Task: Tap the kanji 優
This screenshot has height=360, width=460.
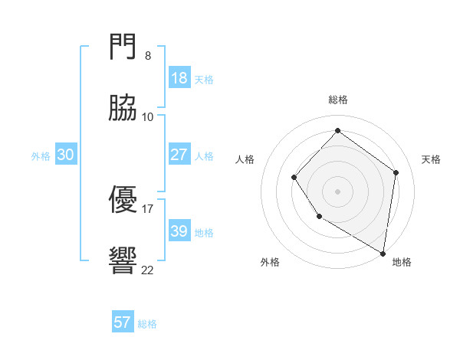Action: coord(123,200)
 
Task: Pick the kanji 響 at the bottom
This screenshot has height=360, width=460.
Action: coord(123,261)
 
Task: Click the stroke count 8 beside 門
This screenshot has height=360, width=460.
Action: coord(147,56)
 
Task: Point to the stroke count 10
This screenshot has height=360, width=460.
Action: coord(147,117)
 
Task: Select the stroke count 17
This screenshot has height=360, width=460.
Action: coord(147,208)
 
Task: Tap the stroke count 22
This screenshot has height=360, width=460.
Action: coord(147,270)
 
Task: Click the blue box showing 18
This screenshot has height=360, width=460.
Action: coord(179,78)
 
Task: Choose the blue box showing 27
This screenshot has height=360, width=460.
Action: coord(179,155)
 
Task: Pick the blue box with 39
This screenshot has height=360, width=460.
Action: coord(179,231)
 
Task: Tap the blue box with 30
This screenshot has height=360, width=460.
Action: coord(65,155)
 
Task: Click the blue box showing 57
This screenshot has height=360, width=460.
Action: coord(123,322)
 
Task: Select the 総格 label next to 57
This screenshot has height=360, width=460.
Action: coord(148,324)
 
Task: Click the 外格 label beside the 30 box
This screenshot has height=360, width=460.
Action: coord(41,156)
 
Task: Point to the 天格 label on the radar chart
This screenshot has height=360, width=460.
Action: coord(431,159)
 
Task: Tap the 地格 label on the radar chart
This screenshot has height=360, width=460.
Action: coord(402,262)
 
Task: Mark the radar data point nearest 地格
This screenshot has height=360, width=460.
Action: coord(383,253)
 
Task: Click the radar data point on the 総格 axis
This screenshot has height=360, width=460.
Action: coord(337,130)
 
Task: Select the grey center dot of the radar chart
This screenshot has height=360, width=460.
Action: coord(337,191)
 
